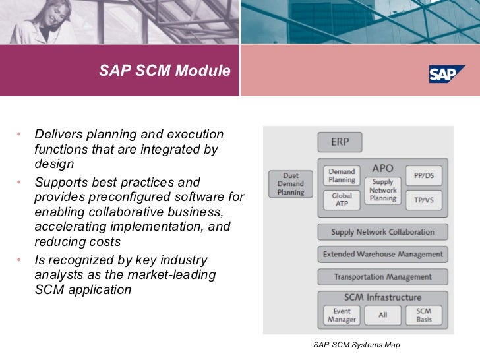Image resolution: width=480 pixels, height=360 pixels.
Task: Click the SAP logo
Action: coord(447,74)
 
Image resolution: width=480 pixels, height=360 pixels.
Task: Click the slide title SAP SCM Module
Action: coord(165,70)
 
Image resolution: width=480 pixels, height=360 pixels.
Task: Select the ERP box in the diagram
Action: coord(340,142)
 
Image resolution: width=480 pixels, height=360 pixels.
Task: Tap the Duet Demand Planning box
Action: coord(290,184)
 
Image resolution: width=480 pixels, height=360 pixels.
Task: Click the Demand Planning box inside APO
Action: coord(341,175)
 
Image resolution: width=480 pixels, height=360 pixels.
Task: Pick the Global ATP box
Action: coord(341,200)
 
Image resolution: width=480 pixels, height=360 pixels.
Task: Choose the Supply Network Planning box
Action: coord(382,190)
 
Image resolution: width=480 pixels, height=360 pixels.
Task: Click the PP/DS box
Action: coord(424,175)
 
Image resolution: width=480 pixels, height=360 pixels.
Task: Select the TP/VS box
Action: coord(424,200)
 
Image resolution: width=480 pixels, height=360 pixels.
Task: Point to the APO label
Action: coord(382,168)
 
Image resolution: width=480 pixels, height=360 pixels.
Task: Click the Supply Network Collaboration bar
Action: coord(382,232)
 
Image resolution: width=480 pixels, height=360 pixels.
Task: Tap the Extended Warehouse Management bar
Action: coord(382,254)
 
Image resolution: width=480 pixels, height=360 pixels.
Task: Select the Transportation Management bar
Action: coord(382,276)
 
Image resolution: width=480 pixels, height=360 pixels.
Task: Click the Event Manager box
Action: coord(342,315)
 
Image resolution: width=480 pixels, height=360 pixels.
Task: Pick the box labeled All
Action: coord(382,315)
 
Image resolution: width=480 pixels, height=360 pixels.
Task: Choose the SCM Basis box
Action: coord(424,315)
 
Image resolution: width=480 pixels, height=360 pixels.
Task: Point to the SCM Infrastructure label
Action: coord(382,297)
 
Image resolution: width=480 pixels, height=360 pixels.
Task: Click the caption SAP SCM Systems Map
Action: coord(357,345)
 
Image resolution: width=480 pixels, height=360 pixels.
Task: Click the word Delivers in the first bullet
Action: coord(57,135)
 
